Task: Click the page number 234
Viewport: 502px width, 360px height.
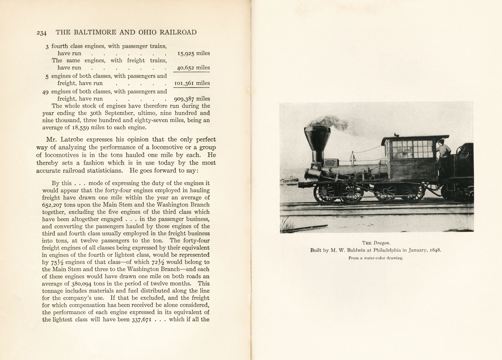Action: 41,33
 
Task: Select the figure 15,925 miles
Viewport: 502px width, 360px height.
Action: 194,53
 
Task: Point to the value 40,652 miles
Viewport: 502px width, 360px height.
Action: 193,68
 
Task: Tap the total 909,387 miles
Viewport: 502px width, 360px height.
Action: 192,99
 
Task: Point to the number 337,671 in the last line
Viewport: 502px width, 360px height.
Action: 142,320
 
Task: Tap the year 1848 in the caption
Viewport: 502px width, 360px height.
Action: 435,250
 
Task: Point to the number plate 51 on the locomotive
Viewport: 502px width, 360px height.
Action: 329,163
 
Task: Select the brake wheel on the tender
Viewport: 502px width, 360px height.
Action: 462,152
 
